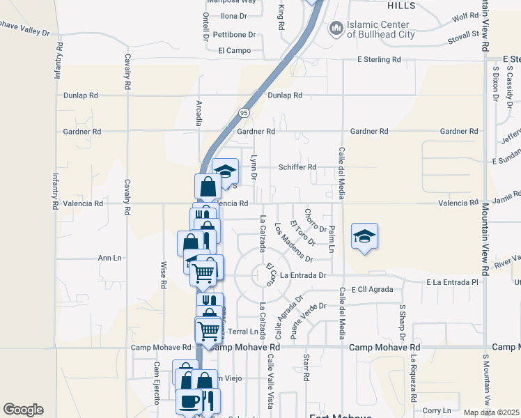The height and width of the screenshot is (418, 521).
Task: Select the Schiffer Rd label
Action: pos(297,167)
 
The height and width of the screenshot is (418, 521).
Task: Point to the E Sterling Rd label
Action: pos(379,60)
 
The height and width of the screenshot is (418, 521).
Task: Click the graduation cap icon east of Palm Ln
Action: pos(365,237)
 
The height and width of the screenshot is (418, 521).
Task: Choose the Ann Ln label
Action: pos(109,258)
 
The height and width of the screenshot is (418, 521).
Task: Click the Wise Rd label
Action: pos(164,275)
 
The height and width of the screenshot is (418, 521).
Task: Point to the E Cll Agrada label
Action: pos(373,288)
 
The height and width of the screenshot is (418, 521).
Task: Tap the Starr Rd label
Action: pos(306,368)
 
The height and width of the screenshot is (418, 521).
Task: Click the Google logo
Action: pos(23,410)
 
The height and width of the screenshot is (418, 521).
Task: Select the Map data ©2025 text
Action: pos(492,412)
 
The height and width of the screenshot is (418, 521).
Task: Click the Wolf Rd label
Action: pos(464,15)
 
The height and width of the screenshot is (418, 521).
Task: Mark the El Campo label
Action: pos(233,50)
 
